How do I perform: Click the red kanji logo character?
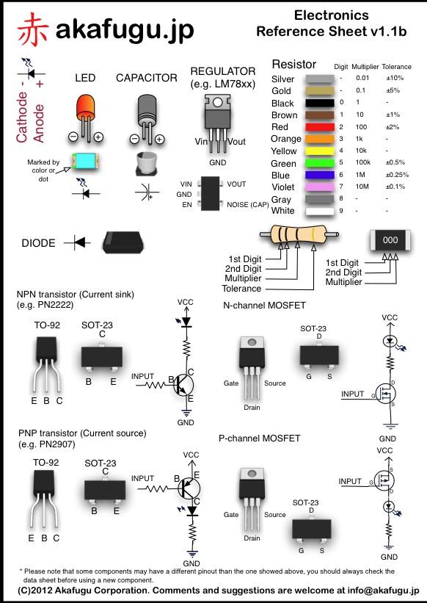click(x=32, y=29)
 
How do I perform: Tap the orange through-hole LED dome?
click(x=85, y=106)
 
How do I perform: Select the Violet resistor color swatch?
click(x=319, y=187)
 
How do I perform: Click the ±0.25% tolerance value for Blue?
click(x=397, y=175)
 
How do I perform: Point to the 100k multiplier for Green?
click(x=363, y=162)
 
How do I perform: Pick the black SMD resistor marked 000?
click(x=390, y=240)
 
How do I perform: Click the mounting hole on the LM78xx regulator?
click(x=217, y=102)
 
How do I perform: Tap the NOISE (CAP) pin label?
click(x=248, y=205)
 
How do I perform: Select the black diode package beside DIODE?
click(x=121, y=242)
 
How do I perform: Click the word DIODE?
click(x=38, y=243)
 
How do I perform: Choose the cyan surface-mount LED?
click(x=85, y=162)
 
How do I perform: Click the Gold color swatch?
click(x=319, y=91)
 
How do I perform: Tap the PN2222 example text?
click(x=45, y=305)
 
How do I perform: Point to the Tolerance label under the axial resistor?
click(x=241, y=289)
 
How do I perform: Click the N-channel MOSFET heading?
click(x=265, y=306)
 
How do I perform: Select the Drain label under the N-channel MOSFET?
click(x=252, y=407)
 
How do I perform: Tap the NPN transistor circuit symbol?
click(x=183, y=385)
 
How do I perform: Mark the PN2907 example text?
click(x=47, y=444)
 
